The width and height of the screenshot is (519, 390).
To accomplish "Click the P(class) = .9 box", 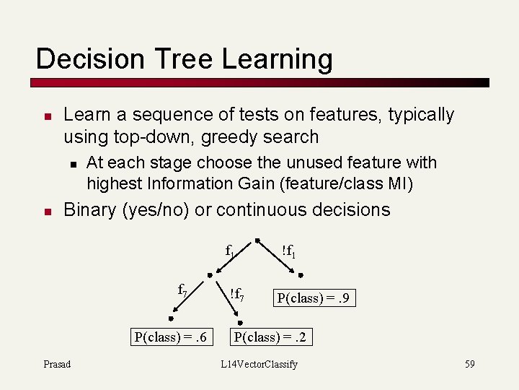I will pyautogui.click(x=314, y=298).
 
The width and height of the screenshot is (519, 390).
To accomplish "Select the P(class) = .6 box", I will pyautogui.click(x=170, y=337).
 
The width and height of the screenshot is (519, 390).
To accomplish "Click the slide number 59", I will pyautogui.click(x=469, y=364).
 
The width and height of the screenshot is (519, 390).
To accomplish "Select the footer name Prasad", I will pyautogui.click(x=57, y=364).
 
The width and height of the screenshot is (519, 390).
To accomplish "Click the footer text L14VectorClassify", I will pyautogui.click(x=259, y=364).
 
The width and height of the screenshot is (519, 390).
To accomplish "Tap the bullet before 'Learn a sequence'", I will pyautogui.click(x=45, y=116).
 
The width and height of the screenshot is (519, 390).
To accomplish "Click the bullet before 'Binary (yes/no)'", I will pyautogui.click(x=45, y=212).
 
